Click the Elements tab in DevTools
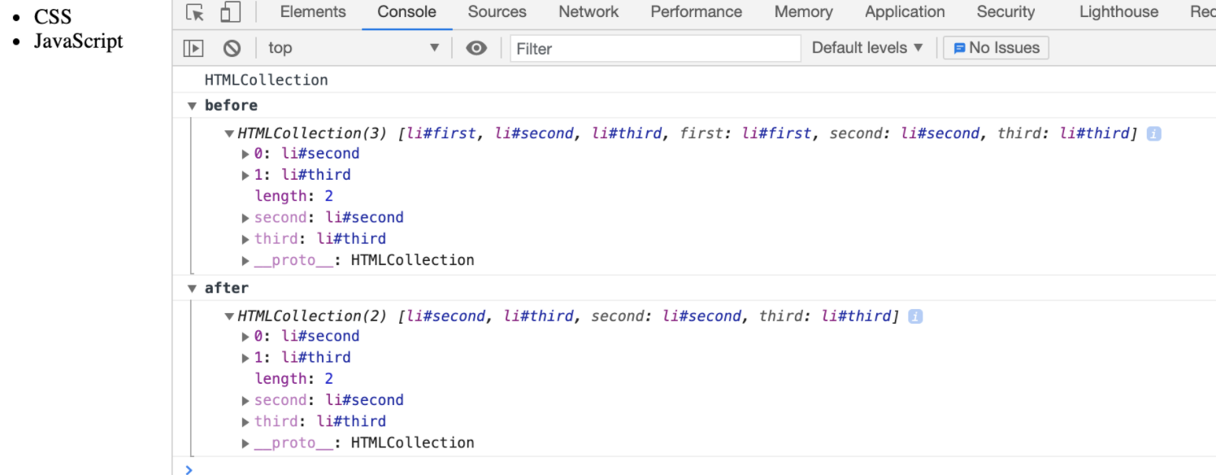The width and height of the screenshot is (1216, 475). pyautogui.click(x=313, y=12)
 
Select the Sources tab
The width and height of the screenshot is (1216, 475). pyautogui.click(x=497, y=12)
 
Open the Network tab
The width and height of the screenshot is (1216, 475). pyautogui.click(x=588, y=12)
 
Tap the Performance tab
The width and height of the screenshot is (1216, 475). pyautogui.click(x=696, y=12)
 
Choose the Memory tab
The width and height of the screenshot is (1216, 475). pyautogui.click(x=803, y=12)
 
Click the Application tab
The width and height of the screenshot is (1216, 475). pyautogui.click(x=905, y=12)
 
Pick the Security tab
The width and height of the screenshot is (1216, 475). pyautogui.click(x=1005, y=12)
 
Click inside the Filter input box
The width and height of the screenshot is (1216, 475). pyautogui.click(x=655, y=49)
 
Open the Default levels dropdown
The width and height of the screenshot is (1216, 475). pyautogui.click(x=867, y=48)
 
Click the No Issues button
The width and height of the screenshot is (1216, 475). pyautogui.click(x=996, y=48)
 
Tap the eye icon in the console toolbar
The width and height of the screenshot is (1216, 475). pyautogui.click(x=476, y=49)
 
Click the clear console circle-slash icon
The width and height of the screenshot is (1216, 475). pyautogui.click(x=232, y=49)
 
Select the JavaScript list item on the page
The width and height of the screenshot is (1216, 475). pyautogui.click(x=78, y=41)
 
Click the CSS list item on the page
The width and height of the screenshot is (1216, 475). pyautogui.click(x=53, y=16)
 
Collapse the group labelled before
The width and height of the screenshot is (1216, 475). pyautogui.click(x=193, y=106)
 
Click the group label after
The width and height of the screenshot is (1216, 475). pyautogui.click(x=226, y=288)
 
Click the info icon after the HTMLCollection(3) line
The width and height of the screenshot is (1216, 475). pyautogui.click(x=1153, y=134)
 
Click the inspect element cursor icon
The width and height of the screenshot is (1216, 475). pyautogui.click(x=194, y=12)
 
